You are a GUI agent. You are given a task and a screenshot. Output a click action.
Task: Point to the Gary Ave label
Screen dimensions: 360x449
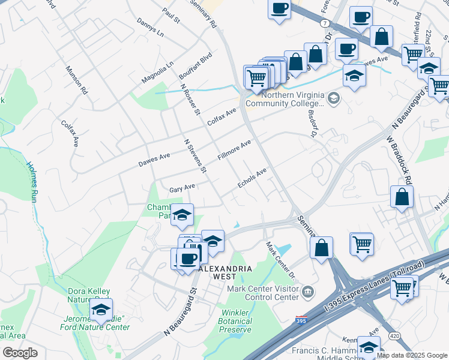pyautogui.click(x=182, y=188)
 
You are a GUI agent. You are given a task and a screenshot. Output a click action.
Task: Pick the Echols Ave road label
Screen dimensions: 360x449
pyautogui.click(x=252, y=179)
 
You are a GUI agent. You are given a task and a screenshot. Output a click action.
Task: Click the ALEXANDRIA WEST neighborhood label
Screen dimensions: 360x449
pyautogui.click(x=225, y=273)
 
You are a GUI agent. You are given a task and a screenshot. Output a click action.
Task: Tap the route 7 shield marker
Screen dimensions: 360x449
pyautogui.click(x=324, y=23)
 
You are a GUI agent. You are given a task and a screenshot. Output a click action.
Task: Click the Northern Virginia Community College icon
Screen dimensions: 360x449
pyautogui.click(x=334, y=98)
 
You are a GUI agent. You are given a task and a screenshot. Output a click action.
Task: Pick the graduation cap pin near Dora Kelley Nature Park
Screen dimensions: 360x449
pyautogui.click(x=100, y=310)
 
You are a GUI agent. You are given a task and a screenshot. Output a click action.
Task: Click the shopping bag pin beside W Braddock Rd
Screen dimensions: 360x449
pyautogui.click(x=401, y=197)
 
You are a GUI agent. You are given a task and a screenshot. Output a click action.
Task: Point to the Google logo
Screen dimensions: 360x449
pyautogui.click(x=20, y=353)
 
